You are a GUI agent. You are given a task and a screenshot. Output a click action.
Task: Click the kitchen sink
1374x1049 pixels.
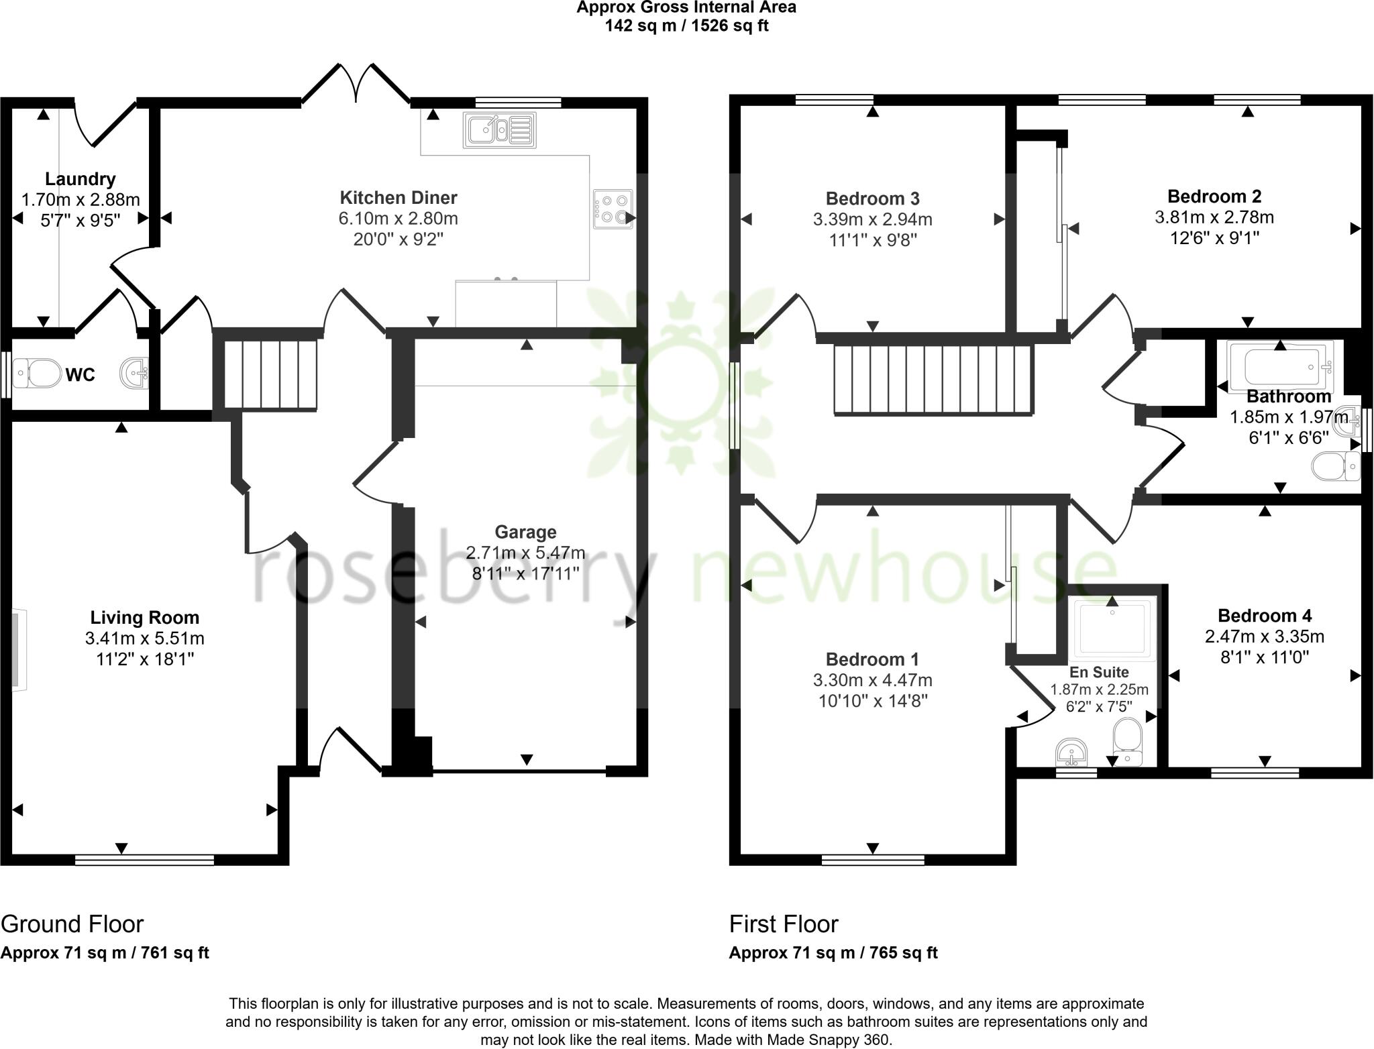point(499,130)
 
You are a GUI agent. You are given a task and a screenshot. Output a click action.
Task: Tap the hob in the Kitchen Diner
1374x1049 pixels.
point(613,209)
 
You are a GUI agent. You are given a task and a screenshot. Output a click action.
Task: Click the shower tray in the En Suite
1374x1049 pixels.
point(1115,628)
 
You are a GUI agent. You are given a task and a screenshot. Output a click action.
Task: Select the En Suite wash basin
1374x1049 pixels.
point(1071,753)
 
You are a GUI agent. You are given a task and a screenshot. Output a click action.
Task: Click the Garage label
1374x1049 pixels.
point(525,532)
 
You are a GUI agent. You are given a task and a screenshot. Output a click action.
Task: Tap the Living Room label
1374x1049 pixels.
point(145,617)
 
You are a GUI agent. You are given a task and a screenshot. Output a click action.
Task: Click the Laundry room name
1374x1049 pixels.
point(80,179)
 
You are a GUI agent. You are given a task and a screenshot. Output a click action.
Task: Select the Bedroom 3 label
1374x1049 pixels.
point(872,199)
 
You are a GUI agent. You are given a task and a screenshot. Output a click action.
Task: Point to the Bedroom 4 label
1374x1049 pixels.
point(1265,615)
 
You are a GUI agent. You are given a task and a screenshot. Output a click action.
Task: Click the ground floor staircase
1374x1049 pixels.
point(270,374)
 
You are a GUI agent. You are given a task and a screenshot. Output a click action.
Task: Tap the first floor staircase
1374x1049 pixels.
point(932,380)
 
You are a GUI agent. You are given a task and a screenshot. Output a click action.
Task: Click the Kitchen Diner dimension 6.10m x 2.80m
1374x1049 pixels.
point(399,219)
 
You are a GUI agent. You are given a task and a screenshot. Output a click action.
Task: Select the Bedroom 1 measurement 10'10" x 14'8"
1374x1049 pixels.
point(872,701)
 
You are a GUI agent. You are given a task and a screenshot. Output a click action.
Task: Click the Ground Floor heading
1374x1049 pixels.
point(72,924)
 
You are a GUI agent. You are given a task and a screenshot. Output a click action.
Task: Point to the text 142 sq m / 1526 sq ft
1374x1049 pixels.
point(686,25)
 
